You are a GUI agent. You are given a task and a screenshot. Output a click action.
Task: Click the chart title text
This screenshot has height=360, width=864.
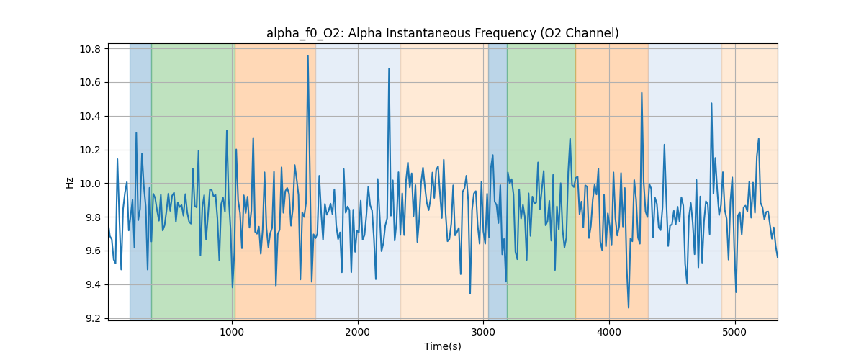coord(442,33)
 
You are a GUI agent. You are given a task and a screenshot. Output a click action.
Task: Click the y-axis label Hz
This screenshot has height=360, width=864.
coord(70,182)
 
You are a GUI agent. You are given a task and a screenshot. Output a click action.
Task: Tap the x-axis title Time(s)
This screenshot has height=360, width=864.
coord(442,346)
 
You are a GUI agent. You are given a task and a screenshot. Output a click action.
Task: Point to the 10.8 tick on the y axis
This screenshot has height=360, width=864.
coord(91,49)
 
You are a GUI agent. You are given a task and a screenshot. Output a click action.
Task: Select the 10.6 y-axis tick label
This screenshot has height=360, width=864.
coord(91,83)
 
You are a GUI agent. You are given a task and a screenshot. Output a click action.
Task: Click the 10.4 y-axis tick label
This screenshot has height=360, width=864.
coord(91,116)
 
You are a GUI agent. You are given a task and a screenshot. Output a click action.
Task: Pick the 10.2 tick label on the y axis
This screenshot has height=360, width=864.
coord(91,150)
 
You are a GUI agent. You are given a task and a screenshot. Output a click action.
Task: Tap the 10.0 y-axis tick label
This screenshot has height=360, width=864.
coord(91,184)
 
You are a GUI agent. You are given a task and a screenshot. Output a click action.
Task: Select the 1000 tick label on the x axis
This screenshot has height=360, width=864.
coord(232,333)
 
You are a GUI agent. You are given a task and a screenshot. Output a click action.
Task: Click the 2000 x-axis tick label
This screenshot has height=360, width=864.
coord(358,333)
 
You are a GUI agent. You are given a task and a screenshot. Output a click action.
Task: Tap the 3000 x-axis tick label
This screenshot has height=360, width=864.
coord(483,333)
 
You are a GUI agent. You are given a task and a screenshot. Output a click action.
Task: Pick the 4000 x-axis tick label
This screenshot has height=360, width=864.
coord(609,333)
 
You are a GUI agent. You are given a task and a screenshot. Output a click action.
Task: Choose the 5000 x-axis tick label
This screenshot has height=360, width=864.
coord(735,333)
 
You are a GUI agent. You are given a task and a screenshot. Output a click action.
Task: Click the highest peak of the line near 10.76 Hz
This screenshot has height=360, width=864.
coord(307,55)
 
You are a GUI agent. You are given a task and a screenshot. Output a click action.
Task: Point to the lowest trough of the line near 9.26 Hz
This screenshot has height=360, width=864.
coord(628,308)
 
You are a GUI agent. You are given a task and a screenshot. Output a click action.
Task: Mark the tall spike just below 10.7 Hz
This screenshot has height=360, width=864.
coord(389,68)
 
